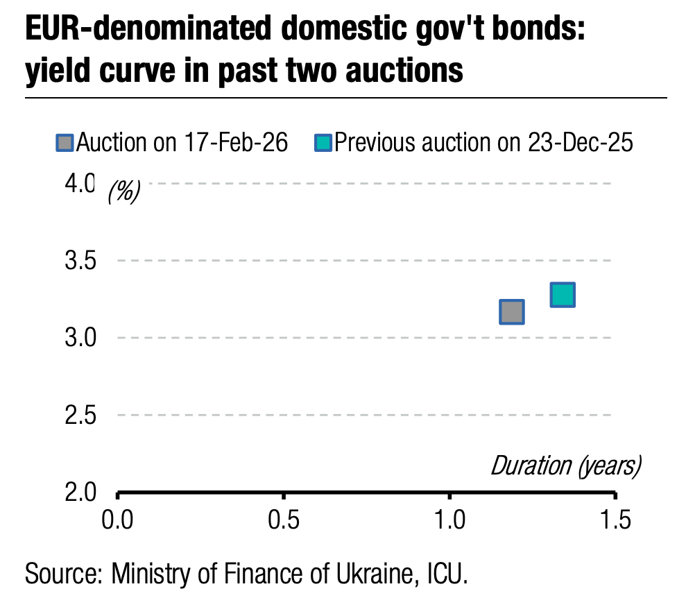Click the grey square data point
point(511,311)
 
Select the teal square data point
point(562,295)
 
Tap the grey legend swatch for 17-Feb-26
point(65,143)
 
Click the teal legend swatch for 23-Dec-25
point(323,143)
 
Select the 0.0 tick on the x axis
point(118,519)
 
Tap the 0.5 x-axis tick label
point(284,519)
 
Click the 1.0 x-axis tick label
point(449,519)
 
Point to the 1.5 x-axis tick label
point(615,519)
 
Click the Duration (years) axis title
point(565,465)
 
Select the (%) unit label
point(124,191)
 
